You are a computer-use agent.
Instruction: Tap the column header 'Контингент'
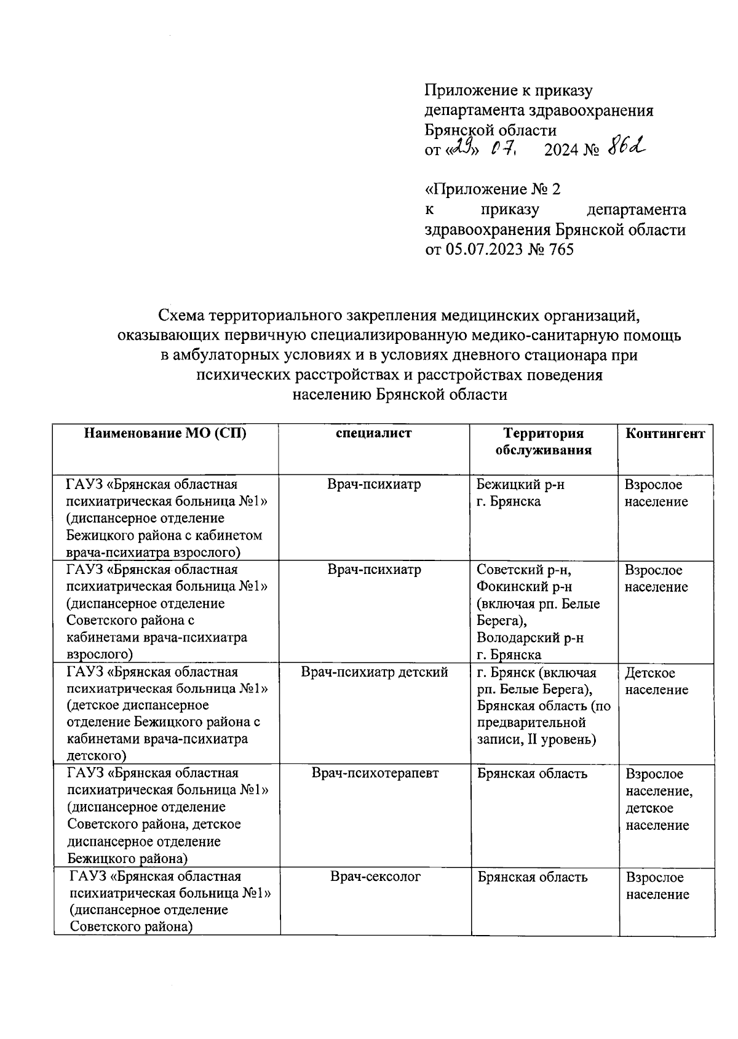pos(665,432)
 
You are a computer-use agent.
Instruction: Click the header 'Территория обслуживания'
pos(544,441)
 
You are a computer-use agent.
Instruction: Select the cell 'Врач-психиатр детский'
pos(374,672)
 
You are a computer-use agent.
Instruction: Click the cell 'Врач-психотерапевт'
pos(375,773)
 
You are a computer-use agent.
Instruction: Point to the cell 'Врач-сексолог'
pos(375,876)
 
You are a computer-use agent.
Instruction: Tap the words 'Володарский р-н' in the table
pos(530,638)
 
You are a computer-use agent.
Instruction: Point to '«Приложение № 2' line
pos(493,189)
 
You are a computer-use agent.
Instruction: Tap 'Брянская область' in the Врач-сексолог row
pos(532,877)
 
